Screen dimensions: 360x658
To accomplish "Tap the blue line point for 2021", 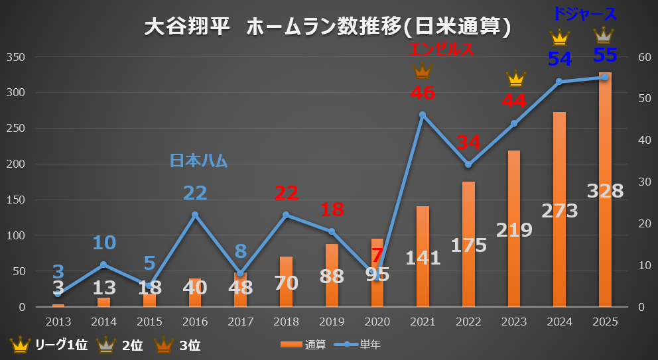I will (423, 115).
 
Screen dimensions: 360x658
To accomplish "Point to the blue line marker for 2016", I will (195, 215).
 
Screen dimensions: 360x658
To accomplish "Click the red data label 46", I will (423, 93).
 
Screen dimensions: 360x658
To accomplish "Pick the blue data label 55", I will (604, 55).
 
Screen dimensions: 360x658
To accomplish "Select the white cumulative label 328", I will (605, 191).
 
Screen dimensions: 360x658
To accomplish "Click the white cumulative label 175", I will (468, 245).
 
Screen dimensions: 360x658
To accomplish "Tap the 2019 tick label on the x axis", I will (332, 322).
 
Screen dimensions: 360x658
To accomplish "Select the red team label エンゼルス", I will (441, 50).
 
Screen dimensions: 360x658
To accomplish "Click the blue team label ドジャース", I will (584, 14).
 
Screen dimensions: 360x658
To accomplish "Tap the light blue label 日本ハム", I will (198, 160).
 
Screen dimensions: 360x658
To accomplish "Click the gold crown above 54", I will (560, 38).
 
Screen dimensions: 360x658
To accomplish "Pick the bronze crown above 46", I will (423, 70).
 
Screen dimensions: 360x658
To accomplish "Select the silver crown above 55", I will (604, 34).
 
